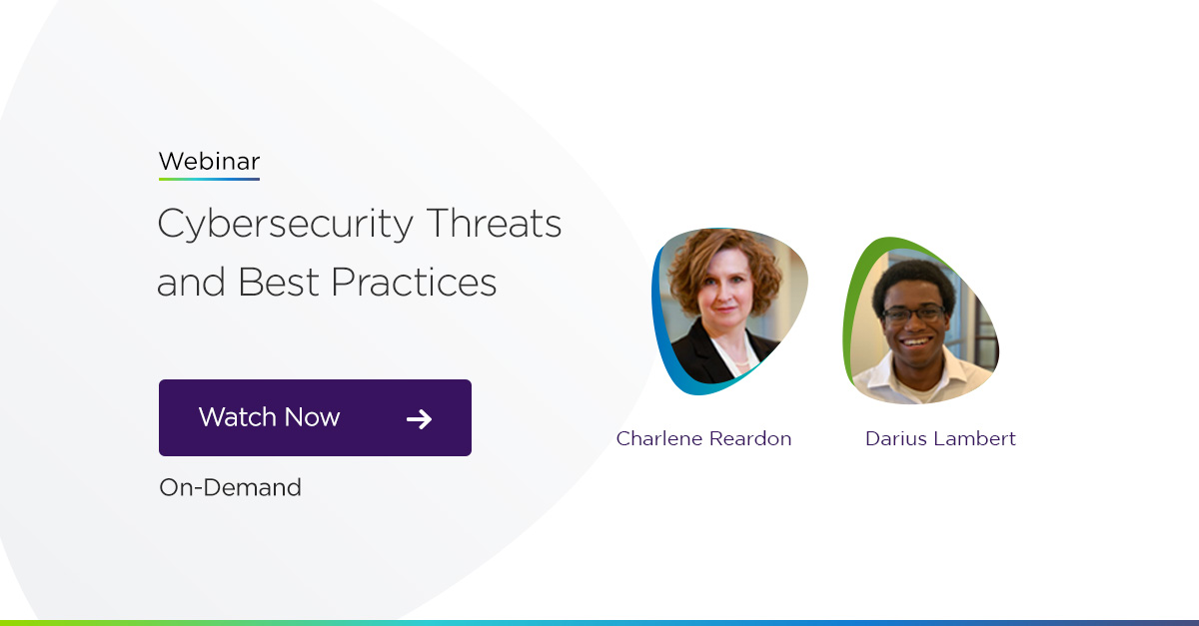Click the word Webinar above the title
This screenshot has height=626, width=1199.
[x=209, y=161]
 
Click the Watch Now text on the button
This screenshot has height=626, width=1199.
[x=269, y=417]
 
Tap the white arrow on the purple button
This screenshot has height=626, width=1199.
[x=420, y=418]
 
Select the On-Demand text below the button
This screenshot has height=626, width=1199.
[x=230, y=487]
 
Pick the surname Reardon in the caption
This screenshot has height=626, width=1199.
[x=749, y=438]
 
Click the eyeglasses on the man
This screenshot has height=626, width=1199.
[x=913, y=313]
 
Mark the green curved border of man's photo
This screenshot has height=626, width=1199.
[x=852, y=310]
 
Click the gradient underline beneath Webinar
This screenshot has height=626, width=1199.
[x=209, y=179]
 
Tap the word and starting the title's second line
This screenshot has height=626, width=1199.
[x=191, y=283]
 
